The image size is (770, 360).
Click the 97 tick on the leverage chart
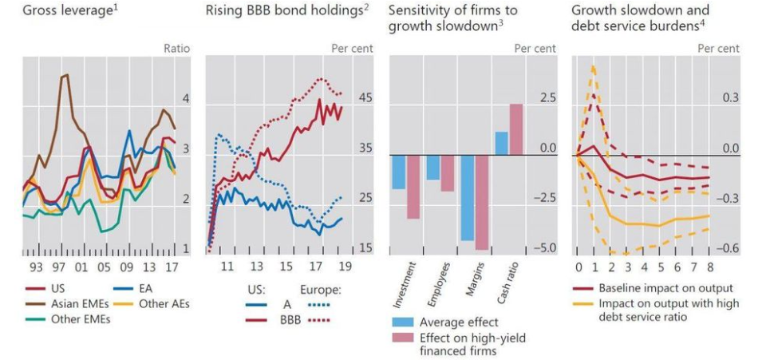59,266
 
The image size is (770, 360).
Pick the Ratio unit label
176,49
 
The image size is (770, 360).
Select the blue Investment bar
399,172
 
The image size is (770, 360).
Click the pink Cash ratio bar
515,129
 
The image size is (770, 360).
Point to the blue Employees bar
432,168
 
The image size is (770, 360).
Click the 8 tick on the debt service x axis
709,266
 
